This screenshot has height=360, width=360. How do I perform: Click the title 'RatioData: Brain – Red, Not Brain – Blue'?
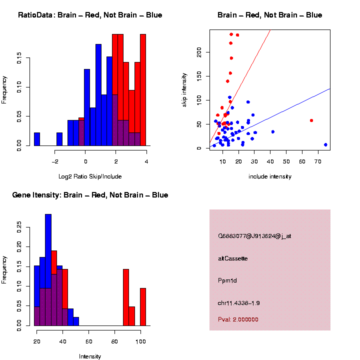tap(90, 15)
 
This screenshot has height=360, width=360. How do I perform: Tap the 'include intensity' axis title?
tap(270, 176)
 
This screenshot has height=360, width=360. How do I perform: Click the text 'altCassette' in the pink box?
tap(233, 258)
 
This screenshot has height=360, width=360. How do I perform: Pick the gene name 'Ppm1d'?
tap(227, 280)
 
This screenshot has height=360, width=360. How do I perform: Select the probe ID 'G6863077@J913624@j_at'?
tap(254, 236)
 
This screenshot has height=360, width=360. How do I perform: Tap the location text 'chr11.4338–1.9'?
tap(239, 302)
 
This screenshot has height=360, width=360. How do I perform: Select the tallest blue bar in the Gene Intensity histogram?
tap(48, 270)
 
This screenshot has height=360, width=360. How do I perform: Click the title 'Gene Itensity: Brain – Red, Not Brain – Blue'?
tap(90, 195)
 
